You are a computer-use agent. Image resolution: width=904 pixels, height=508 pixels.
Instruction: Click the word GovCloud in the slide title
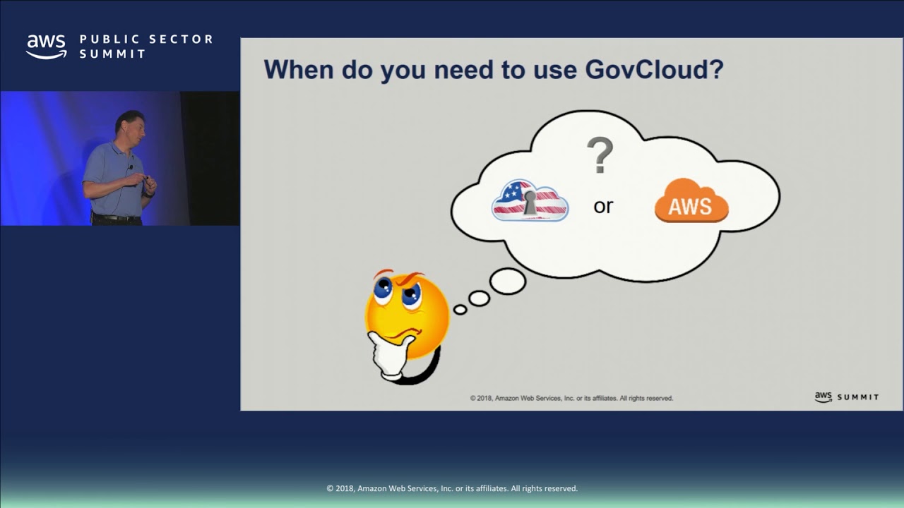point(655,70)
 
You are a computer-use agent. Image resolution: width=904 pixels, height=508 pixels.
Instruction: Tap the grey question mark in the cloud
point(600,156)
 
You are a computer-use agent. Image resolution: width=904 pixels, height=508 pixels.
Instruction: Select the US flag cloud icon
point(530,200)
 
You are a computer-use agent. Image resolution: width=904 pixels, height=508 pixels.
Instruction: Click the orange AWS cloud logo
point(691,201)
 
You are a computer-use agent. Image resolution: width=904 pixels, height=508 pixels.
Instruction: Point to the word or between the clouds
point(603,207)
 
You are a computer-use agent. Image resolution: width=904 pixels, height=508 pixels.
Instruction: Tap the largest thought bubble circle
point(507,282)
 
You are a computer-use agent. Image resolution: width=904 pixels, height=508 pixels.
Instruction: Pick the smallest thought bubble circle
point(460,309)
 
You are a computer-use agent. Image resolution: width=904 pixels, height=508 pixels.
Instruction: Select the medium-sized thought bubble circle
point(479,298)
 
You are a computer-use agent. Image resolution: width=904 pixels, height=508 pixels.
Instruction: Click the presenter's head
point(131,126)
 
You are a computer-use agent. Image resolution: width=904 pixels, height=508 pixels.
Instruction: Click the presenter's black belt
point(117,218)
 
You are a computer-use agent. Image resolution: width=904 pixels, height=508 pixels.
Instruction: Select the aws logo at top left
point(47,47)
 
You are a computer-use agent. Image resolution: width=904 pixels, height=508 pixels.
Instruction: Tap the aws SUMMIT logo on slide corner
point(846,397)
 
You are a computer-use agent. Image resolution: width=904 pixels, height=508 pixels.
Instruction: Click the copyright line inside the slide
point(571,398)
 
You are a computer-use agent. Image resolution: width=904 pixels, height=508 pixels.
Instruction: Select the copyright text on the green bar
point(452,488)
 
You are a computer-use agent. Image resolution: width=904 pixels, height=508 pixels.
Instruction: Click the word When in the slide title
point(298,70)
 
